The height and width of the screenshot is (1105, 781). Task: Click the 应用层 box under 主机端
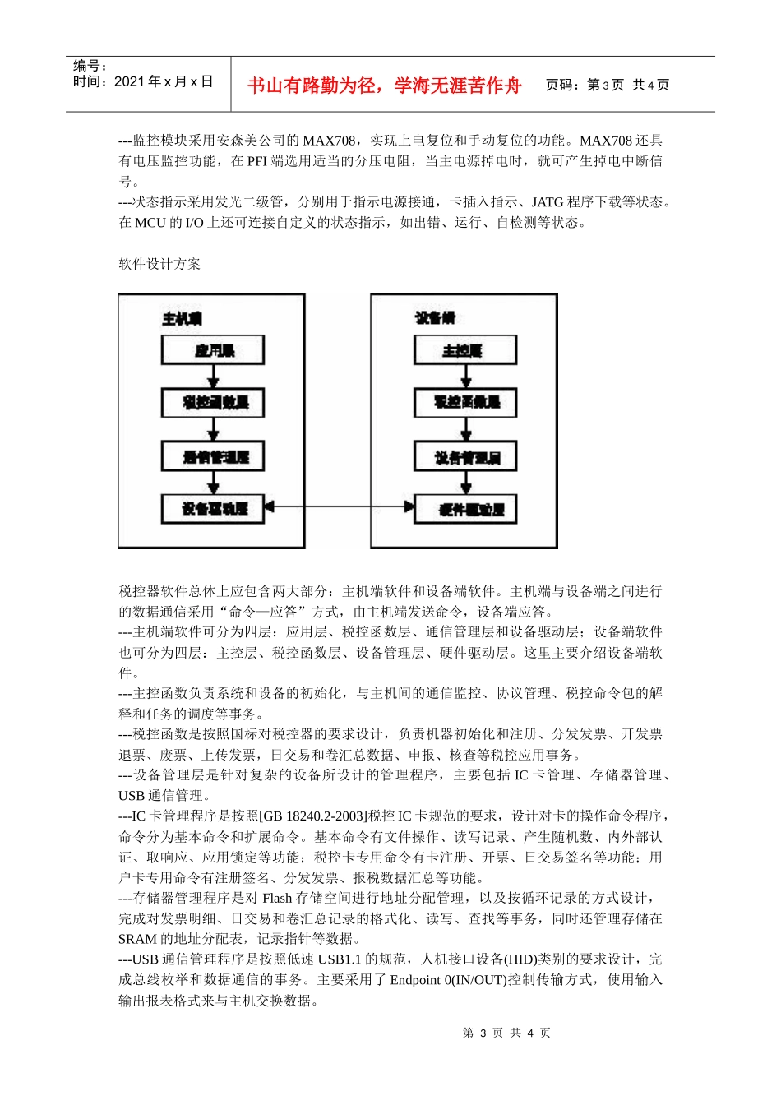(x=213, y=350)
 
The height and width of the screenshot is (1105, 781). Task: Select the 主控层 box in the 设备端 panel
(x=465, y=350)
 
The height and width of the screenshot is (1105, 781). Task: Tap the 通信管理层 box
(x=213, y=456)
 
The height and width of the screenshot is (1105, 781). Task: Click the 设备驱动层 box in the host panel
(x=213, y=509)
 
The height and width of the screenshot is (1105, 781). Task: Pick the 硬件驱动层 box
(x=465, y=509)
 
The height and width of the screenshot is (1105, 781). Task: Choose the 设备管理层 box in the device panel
(x=465, y=456)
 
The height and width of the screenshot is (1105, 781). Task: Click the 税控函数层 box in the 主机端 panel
(x=213, y=402)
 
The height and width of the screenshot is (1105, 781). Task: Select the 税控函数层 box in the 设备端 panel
(x=465, y=402)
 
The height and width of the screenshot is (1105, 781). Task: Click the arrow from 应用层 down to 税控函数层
(x=214, y=376)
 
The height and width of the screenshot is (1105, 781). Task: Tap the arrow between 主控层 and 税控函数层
(x=466, y=376)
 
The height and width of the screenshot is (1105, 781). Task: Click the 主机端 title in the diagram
(x=182, y=318)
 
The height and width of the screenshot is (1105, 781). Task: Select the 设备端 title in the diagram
(x=434, y=318)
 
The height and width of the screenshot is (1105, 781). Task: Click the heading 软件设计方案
(x=159, y=264)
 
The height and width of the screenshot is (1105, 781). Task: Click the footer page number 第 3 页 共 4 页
(x=506, y=1033)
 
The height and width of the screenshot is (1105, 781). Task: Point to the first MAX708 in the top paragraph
(x=329, y=141)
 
